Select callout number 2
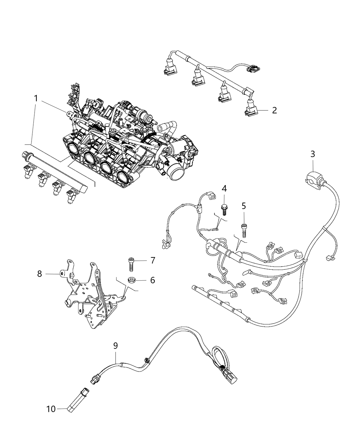click(274, 110)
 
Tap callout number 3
click(312, 154)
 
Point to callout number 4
click(224, 188)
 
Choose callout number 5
click(244, 206)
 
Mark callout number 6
click(152, 280)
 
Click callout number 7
click(153, 260)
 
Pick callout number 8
click(39, 273)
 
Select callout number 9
click(116, 346)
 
